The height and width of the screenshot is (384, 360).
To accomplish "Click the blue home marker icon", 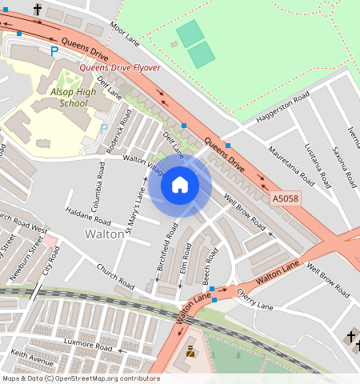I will [x=180, y=185].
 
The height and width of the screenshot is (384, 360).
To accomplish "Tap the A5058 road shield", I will [x=286, y=198].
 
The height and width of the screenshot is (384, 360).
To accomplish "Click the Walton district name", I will [x=104, y=234].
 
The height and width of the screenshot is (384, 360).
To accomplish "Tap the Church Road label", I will [x=115, y=276].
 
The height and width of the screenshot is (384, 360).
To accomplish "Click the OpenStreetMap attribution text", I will [x=80, y=378].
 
